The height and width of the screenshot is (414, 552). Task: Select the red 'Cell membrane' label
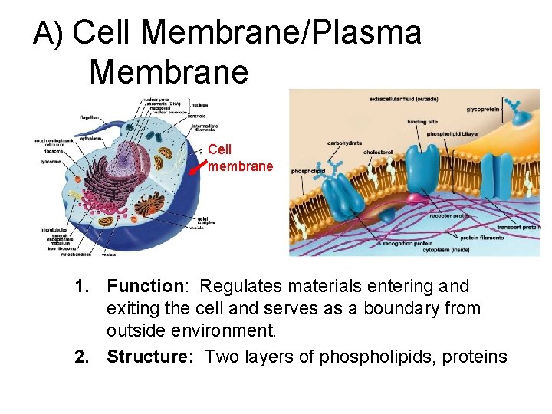(x=240, y=158)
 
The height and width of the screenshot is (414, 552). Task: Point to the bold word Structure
(x=152, y=356)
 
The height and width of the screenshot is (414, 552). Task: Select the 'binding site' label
(x=423, y=120)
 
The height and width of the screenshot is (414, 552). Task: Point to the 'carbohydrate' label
(x=344, y=143)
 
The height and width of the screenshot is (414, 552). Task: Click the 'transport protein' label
(x=517, y=226)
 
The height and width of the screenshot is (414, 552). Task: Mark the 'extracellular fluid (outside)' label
(x=404, y=98)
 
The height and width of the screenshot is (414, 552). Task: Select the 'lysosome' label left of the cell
(x=51, y=162)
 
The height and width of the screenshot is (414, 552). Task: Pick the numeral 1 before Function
(x=81, y=287)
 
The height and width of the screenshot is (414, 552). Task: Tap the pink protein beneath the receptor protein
(x=417, y=200)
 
